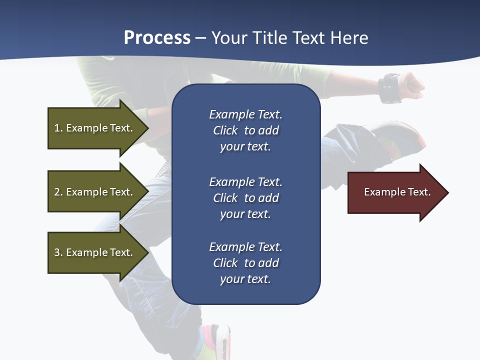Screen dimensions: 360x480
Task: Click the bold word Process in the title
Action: point(157,38)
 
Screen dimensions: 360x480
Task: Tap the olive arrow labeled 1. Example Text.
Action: point(95,128)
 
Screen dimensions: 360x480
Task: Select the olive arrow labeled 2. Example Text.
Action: point(95,192)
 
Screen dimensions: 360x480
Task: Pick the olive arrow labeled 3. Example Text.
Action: point(95,252)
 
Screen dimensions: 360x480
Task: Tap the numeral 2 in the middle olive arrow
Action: point(57,192)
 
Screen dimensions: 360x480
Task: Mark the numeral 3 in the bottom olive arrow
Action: point(57,252)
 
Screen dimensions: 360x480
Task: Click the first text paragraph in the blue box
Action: point(245,130)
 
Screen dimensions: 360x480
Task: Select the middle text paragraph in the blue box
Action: point(245,198)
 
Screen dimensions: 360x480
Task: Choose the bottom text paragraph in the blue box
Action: point(245,263)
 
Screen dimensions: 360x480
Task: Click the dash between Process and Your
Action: point(200,38)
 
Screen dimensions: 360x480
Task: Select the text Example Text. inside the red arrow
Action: point(397,192)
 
